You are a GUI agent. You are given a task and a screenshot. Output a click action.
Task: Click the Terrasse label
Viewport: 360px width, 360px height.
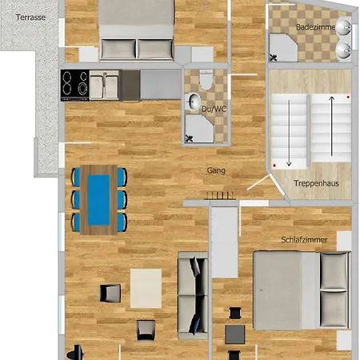(30, 18)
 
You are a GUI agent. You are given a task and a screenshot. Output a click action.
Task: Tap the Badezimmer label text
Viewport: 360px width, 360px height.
(316, 27)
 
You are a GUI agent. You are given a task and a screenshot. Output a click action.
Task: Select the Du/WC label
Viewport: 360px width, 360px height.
(214, 109)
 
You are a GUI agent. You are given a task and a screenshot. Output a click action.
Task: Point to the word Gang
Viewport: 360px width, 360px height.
(216, 170)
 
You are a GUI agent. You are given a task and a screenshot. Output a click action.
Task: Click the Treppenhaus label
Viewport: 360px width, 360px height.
(316, 183)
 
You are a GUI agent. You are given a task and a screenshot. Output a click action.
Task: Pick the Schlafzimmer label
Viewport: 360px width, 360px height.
(304, 240)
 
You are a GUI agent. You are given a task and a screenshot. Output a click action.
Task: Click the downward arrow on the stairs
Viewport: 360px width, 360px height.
(289, 133)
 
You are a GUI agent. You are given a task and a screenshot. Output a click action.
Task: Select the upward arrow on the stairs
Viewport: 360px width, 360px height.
(331, 126)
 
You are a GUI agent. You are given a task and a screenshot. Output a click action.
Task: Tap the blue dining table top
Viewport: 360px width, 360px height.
(98, 200)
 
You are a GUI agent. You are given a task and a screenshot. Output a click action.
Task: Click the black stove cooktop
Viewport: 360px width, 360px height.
(75, 85)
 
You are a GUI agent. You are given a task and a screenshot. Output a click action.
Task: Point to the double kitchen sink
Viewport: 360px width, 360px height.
(104, 85)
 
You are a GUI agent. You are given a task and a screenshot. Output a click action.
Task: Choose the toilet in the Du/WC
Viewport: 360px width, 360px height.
(206, 79)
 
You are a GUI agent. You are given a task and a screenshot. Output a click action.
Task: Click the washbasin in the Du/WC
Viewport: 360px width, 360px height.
(194, 102)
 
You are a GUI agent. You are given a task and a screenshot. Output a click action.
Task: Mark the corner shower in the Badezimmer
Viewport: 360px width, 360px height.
(283, 48)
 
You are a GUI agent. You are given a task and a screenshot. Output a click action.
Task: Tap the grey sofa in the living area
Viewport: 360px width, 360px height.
(193, 295)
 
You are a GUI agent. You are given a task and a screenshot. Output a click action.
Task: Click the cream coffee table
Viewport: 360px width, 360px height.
(146, 289)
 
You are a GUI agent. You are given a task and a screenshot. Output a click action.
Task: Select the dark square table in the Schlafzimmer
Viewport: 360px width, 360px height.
(235, 334)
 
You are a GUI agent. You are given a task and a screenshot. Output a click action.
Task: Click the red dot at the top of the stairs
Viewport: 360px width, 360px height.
(348, 97)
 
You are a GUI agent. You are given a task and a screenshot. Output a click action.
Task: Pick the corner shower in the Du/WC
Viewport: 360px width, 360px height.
(199, 129)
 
